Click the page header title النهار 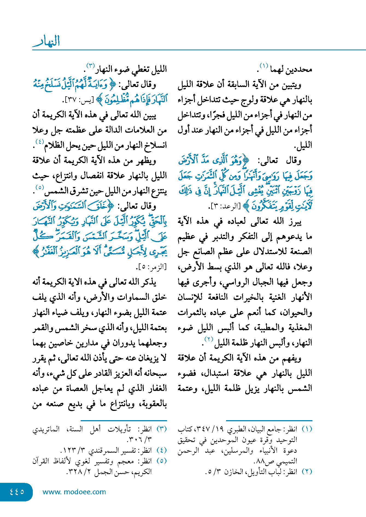(x=46, y=41)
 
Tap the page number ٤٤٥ (x=17, y=492)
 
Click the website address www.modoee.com (x=74, y=492)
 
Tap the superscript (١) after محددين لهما (x=263, y=66)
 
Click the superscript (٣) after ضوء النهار (x=90, y=66)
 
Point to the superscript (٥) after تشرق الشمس (x=40, y=188)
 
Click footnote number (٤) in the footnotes (x=162, y=450)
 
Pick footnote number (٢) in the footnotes (x=307, y=471)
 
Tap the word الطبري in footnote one (x=238, y=429)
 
